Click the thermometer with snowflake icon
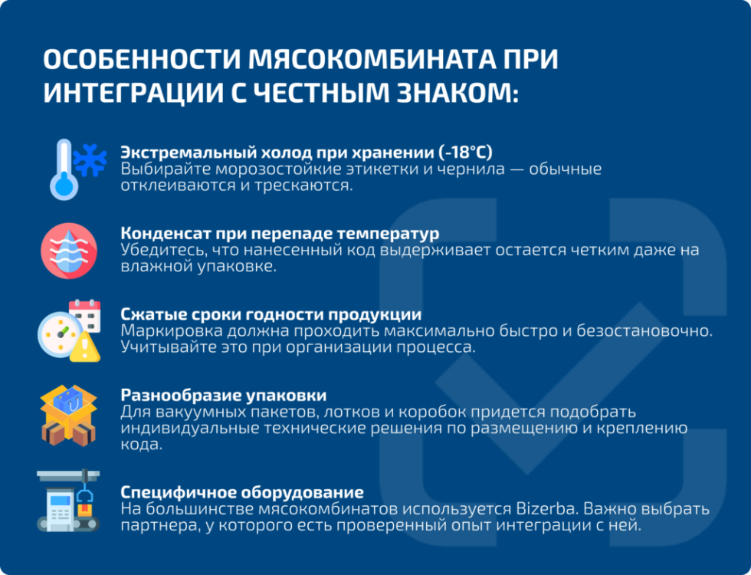77,168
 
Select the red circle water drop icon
69,251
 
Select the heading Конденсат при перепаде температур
280,232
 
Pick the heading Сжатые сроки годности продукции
271,314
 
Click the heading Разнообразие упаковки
224,396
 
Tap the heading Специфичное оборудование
242,491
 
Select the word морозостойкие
248,169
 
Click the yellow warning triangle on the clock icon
85,349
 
